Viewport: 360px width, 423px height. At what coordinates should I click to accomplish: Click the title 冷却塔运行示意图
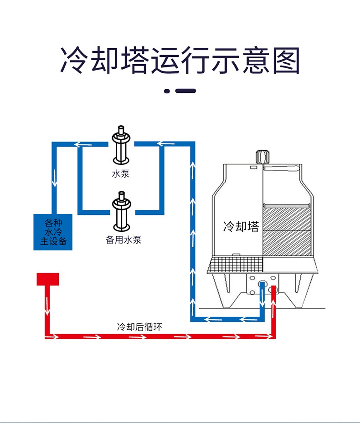(x=180, y=61)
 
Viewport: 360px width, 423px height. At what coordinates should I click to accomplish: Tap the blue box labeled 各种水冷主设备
(x=53, y=232)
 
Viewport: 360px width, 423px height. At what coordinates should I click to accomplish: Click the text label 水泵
(x=121, y=173)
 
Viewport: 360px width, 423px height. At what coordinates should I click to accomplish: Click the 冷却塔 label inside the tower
(x=241, y=226)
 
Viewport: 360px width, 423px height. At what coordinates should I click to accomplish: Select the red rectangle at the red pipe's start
(x=48, y=279)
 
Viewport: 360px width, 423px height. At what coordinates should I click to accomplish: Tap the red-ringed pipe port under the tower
(x=273, y=289)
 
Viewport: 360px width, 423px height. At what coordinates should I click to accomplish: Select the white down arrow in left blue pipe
(x=54, y=178)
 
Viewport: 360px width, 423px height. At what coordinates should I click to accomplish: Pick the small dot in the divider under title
(x=167, y=91)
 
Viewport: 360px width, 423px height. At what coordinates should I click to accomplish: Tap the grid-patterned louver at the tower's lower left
(x=235, y=265)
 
